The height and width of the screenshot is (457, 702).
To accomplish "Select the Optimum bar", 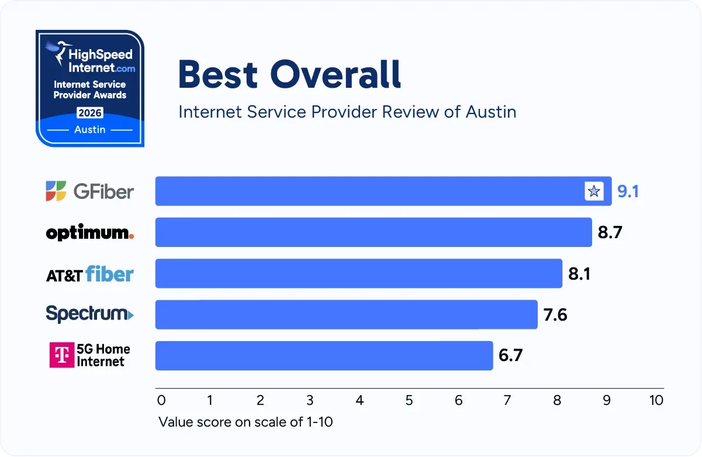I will coord(374,232).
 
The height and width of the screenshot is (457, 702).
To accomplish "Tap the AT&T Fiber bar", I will coord(358,273).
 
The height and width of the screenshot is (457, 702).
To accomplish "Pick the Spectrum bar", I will coord(346,314).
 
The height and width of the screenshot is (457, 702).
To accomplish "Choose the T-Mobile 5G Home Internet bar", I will coord(324,355).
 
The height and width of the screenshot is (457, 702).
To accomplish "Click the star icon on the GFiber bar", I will coord(594,191).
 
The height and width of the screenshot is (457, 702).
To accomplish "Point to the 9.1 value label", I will coord(628,191).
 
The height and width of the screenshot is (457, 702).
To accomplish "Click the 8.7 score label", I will coord(610,232).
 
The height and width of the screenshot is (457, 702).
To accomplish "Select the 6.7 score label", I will coord(510,355).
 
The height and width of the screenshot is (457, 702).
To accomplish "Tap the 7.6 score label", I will coord(555,315).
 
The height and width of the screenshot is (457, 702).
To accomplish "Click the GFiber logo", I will coord(89,191).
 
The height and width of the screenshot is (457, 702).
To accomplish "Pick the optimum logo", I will coord(89,233).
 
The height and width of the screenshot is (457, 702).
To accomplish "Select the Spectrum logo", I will coord(89,314).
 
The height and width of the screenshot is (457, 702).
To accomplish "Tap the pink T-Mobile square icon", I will coord(61,355).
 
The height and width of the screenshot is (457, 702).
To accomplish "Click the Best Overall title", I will coord(289,74).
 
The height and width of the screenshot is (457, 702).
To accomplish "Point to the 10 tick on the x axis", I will coord(656,401).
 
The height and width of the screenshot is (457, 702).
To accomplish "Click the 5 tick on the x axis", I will coord(409,401).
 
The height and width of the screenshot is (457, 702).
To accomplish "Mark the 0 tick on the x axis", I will coord(162,401).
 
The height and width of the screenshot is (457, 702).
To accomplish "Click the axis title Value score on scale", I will coord(245,421).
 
